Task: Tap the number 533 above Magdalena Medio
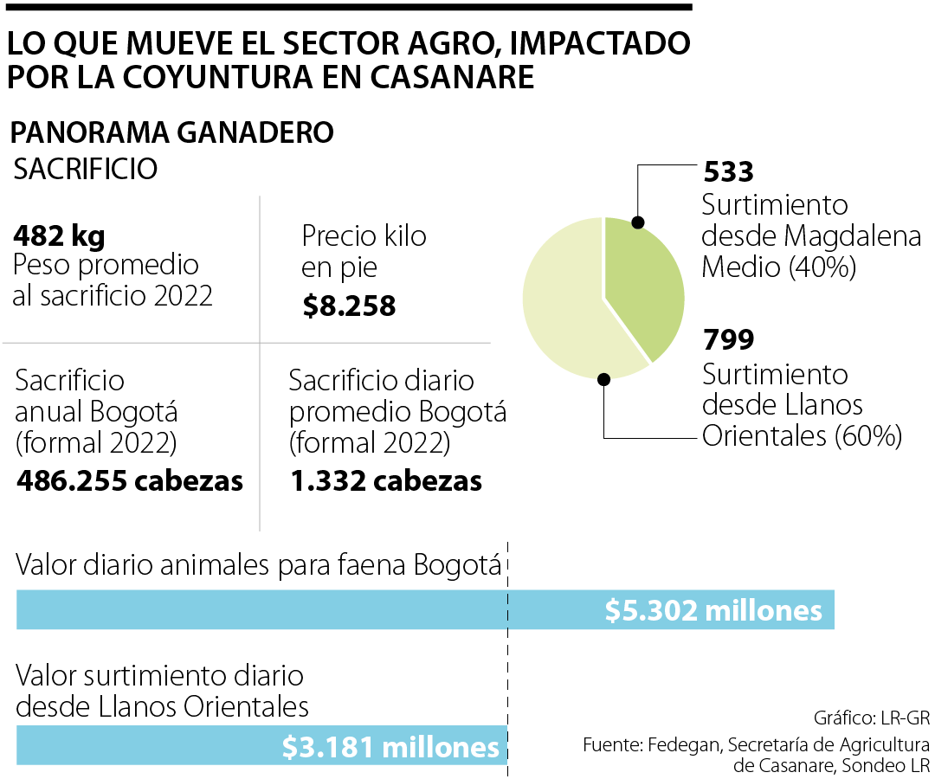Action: point(728,171)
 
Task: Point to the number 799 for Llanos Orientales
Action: point(728,339)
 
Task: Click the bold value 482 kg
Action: point(60,235)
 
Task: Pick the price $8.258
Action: point(349,306)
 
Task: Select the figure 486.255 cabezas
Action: point(130,480)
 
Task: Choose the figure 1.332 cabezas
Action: point(386,480)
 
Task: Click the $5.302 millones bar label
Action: point(713,610)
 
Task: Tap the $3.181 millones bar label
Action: point(391,746)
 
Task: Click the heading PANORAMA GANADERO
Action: point(171,132)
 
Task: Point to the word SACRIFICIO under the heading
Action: point(86,169)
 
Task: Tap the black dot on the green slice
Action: point(638,222)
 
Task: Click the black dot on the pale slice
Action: point(604,379)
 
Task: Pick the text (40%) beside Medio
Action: point(822,267)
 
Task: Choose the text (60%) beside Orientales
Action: point(868,435)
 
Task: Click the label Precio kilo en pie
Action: point(364,251)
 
